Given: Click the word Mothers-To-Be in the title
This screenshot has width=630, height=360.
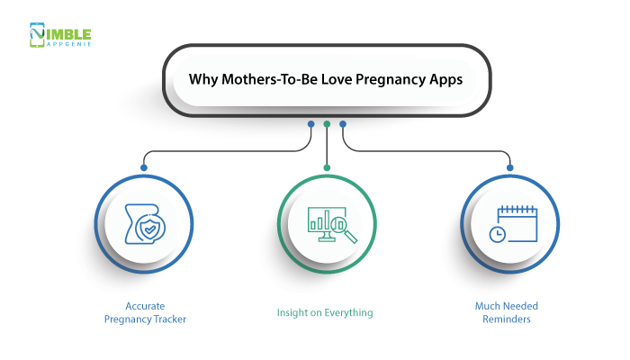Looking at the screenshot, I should (x=256, y=78).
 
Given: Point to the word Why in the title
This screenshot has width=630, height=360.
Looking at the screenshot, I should (x=202, y=78).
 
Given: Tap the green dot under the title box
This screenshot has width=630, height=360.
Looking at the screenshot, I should (x=327, y=124).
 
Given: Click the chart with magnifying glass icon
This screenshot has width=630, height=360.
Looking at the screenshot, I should (x=327, y=224).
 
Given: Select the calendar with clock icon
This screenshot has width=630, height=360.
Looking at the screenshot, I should (x=510, y=224).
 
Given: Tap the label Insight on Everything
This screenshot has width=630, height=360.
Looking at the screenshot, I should (x=325, y=313).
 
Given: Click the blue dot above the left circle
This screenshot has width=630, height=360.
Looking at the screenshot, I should (x=143, y=166).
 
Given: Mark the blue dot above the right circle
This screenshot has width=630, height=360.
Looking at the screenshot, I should (x=510, y=166).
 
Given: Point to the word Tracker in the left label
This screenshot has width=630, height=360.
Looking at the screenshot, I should (x=173, y=319).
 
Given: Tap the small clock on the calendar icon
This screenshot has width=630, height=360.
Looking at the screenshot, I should (x=497, y=233).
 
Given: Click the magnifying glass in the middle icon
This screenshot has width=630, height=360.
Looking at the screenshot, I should (x=343, y=229).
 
